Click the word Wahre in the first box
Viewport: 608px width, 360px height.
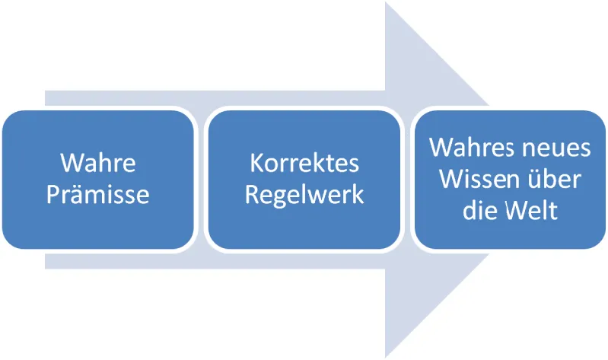tap(97, 163)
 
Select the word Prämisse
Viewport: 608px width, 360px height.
tap(97, 194)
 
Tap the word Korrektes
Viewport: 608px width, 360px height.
tap(304, 163)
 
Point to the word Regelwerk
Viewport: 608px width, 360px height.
tap(304, 194)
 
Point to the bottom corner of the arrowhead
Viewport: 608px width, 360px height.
tap(386, 356)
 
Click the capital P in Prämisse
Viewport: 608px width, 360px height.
tap(53, 194)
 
